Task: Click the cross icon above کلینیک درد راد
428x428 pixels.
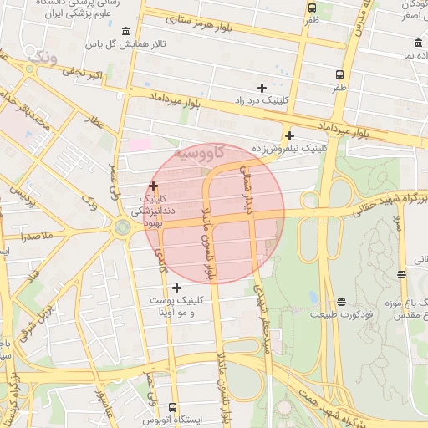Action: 262,87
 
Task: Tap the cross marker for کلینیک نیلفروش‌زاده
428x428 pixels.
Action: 289,135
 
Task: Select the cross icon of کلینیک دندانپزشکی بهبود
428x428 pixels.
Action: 153,186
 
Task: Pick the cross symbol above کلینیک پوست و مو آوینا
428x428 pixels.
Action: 176,288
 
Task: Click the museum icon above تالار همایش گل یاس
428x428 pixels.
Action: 125,32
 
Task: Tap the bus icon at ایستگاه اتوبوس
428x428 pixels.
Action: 173,407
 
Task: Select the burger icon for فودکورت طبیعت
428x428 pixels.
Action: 341,303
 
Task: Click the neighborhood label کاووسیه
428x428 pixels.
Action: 201,154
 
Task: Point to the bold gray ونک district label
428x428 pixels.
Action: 42,57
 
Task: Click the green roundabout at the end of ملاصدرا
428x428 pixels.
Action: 123,227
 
